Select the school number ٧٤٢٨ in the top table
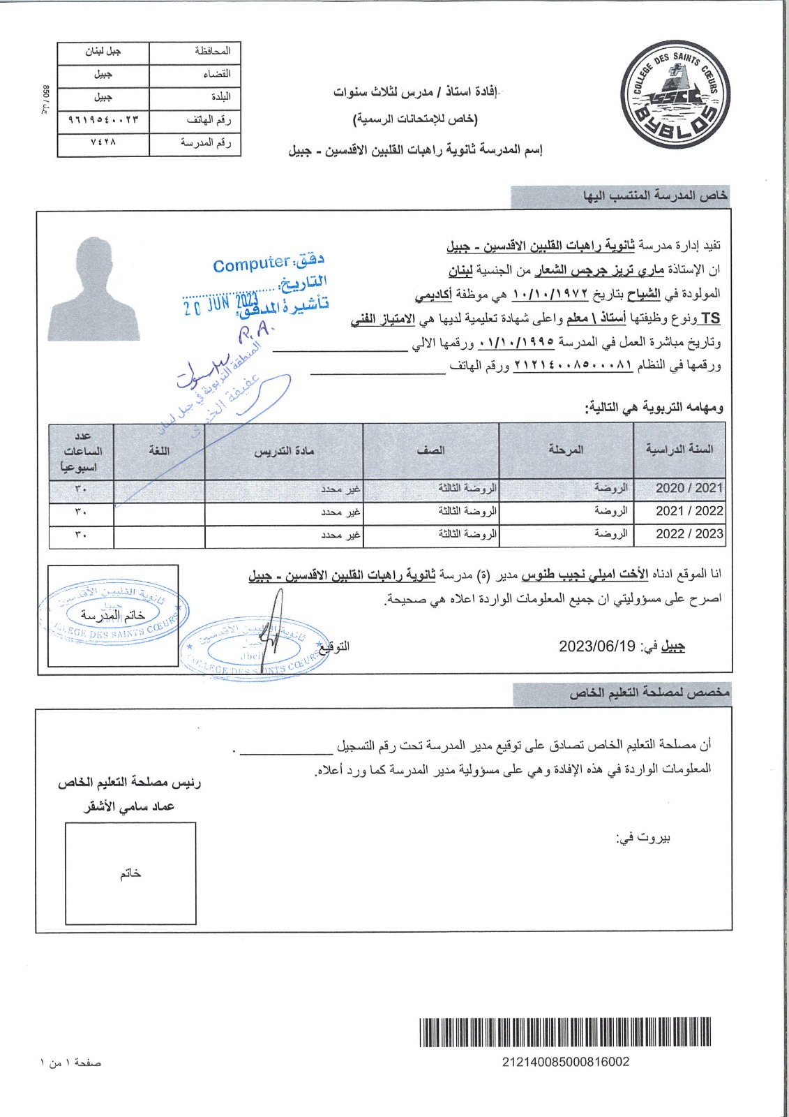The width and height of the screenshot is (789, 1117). tap(103, 143)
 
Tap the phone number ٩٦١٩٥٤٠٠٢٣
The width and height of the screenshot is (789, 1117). tap(103, 120)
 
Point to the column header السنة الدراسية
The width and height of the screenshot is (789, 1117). tap(679, 450)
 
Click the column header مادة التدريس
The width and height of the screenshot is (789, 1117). tap(284, 451)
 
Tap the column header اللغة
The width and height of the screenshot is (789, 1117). tap(159, 451)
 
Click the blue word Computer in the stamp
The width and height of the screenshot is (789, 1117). tap(251, 265)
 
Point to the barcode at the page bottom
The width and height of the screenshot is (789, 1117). tap(565, 1033)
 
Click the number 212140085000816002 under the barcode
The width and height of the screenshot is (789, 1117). tap(566, 1062)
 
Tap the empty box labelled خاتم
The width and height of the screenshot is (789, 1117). tap(130, 873)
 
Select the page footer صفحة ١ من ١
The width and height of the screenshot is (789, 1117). tap(70, 1063)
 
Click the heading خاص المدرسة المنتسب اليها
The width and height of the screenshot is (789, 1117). tap(655, 196)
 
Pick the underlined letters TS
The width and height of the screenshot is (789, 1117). tap(710, 318)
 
